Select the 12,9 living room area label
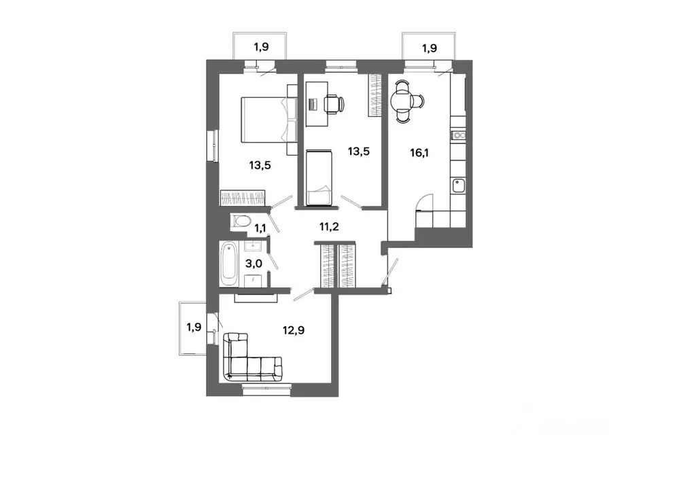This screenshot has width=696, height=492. pos(294,330)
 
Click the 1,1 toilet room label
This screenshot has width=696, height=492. pos(260,229)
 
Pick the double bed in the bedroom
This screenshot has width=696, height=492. pos(268,120)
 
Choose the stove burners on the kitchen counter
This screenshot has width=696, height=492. pos(459,135)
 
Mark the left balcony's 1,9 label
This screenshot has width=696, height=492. pos(194,327)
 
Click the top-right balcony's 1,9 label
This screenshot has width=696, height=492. pos(430,48)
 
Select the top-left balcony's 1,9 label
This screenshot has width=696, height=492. pos(261,47)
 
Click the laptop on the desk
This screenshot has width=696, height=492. pos(313,105)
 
